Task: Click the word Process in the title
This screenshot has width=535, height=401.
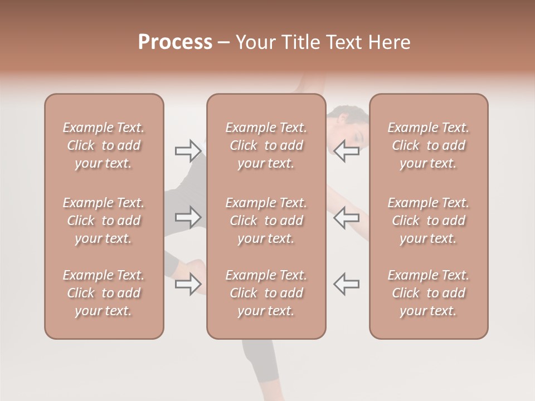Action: point(175,42)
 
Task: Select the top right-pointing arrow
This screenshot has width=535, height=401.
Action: point(188,151)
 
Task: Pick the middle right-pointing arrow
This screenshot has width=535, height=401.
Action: point(188,217)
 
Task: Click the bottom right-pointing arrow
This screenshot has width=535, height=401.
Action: point(188,284)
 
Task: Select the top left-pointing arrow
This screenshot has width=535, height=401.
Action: point(346,151)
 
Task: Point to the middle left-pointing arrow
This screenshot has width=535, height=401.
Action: point(346,217)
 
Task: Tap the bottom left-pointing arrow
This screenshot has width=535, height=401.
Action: point(346,284)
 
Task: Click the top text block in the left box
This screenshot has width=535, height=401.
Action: point(104,145)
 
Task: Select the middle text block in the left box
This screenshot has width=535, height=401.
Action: point(104,221)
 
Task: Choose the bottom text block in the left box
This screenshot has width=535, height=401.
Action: point(104,293)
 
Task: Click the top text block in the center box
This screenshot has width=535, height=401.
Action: point(266,145)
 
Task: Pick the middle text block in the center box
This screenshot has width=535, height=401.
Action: point(266,221)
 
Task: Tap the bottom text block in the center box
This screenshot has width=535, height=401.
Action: point(266,293)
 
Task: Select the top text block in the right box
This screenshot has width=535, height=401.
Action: point(428,145)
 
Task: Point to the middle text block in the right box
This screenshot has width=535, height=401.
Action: point(428,221)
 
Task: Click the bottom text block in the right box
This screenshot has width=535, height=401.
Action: point(428,293)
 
